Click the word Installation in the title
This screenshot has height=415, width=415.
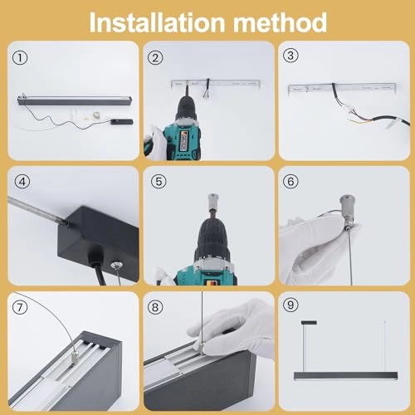coord(157,22)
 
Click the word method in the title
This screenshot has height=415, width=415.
coord(280,22)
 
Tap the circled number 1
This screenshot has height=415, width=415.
coord(20,58)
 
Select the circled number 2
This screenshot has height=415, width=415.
coord(155,58)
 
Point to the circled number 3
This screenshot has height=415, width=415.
coord(290,56)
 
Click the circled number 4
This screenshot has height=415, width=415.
coord(22,182)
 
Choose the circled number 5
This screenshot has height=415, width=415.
coord(159,182)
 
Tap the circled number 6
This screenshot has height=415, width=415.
coord(290,182)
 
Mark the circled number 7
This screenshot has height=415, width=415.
coord(20,307)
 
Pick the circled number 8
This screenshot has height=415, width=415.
coord(155,307)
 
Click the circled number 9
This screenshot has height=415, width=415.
coord(290,305)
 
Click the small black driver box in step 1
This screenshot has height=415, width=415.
coord(122,121)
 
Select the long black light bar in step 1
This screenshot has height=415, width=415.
coord(75,100)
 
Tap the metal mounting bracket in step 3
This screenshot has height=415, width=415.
coord(342,87)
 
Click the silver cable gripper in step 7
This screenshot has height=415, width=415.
coord(75,358)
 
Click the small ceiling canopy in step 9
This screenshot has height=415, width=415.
coord(309,323)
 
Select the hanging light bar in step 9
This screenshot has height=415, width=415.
coord(346,376)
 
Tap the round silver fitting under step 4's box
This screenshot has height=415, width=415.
coord(115,266)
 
